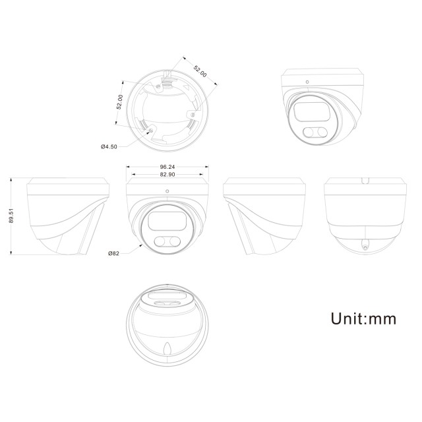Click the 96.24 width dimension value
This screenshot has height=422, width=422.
[x=167, y=167]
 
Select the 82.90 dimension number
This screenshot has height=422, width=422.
[x=167, y=174]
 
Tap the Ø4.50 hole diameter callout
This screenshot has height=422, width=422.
[x=109, y=146]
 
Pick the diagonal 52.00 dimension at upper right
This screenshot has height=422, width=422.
[x=200, y=72]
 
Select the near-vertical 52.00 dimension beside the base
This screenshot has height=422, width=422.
[x=119, y=102]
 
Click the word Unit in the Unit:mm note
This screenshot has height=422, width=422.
[x=349, y=319]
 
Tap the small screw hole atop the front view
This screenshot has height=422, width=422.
[x=167, y=192]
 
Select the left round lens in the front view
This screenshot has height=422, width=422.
[x=160, y=241]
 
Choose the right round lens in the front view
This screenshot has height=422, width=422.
[x=175, y=241]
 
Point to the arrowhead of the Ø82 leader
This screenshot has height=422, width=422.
[x=142, y=245]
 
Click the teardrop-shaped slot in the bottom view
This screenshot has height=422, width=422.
[x=167, y=350]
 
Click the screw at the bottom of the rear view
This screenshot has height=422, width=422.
[x=364, y=245]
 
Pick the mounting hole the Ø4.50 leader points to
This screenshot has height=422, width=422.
[x=153, y=131]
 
